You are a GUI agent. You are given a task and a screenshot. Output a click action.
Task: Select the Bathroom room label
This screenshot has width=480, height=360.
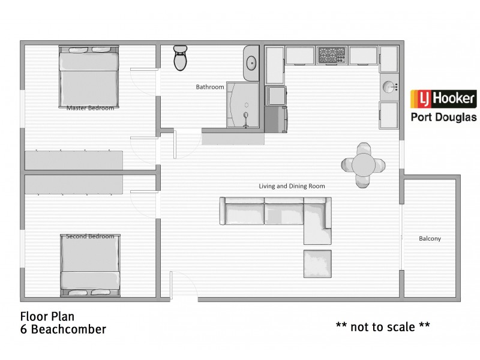[x=210, y=87]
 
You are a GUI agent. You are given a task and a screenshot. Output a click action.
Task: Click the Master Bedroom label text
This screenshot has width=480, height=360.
[x=90, y=108]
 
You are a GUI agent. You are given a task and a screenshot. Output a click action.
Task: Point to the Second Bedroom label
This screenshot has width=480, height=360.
[x=90, y=236]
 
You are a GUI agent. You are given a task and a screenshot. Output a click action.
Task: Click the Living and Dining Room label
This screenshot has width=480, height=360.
[x=292, y=186]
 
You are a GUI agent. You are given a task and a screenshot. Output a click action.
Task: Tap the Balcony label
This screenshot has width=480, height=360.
[x=430, y=239]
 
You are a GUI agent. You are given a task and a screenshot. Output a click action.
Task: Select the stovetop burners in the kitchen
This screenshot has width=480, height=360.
[x=330, y=55]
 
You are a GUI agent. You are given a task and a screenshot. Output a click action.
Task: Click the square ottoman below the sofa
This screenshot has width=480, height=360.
[x=317, y=264]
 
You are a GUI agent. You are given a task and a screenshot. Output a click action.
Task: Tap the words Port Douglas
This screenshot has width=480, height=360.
[x=443, y=117]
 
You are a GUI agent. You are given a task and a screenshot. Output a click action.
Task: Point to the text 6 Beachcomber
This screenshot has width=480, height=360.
[x=63, y=329]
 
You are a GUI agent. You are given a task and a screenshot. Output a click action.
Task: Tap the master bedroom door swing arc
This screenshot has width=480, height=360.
[x=144, y=84]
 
